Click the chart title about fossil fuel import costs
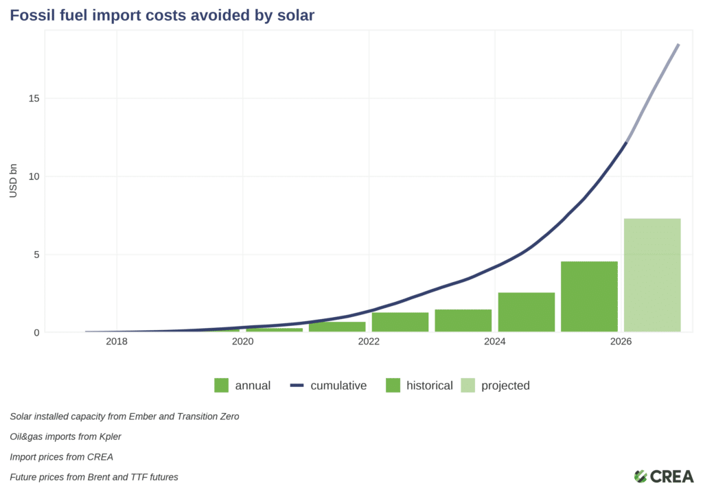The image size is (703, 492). click(x=162, y=15)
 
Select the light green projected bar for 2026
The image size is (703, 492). click(x=652, y=275)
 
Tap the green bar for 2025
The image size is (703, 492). click(x=589, y=296)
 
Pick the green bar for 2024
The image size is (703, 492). click(x=526, y=312)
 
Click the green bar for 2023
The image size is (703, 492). click(x=463, y=320)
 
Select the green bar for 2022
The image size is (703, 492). click(x=400, y=322)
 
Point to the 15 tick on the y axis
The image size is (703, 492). click(x=34, y=98)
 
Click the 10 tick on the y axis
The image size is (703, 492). click(x=34, y=176)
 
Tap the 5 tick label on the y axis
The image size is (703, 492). click(x=36, y=255)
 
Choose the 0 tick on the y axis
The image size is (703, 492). click(x=36, y=333)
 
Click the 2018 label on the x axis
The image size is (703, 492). click(x=117, y=342)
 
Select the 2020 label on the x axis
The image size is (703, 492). click(x=242, y=342)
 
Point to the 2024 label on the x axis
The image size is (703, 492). click(x=495, y=342)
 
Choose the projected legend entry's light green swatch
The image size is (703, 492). click(x=468, y=386)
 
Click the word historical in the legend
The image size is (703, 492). click(x=429, y=386)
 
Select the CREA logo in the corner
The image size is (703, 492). click(x=663, y=476)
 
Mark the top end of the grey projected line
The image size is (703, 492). click(x=678, y=45)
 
